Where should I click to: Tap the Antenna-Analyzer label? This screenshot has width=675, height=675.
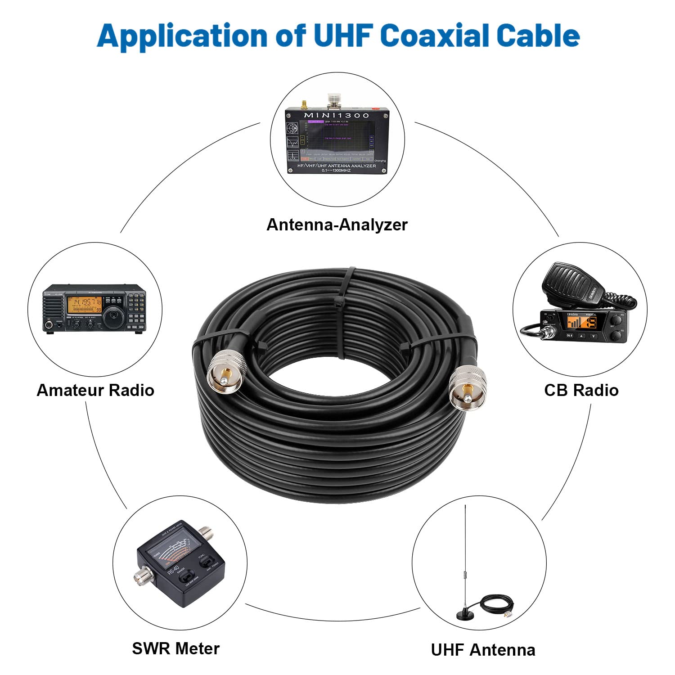[337, 225]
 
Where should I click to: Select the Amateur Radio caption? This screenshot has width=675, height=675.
[95, 390]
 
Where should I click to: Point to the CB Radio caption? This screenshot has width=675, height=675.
[581, 390]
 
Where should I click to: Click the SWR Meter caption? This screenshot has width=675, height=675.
[175, 648]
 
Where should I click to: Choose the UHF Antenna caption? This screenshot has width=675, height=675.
[483, 650]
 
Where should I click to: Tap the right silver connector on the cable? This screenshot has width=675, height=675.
[468, 387]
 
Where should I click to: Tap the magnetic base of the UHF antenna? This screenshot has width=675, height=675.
[466, 614]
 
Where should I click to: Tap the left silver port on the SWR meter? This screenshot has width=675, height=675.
[140, 576]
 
